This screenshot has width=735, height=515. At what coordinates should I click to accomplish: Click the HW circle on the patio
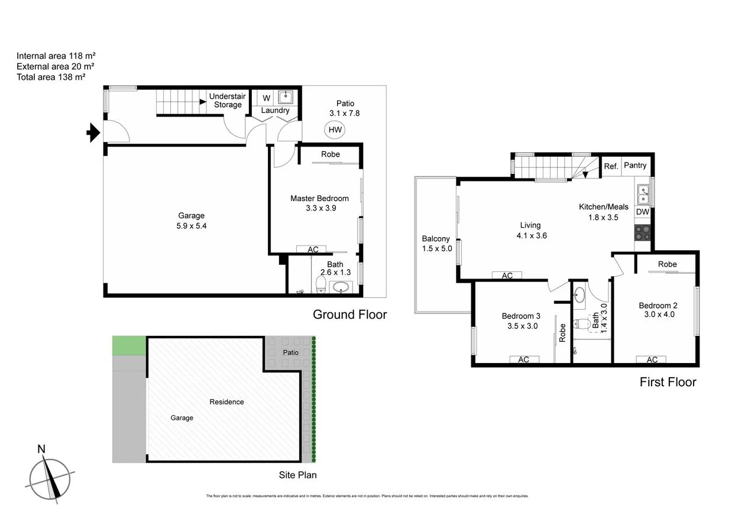pyautogui.click(x=335, y=130)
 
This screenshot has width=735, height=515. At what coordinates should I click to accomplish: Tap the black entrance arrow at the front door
pyautogui.click(x=93, y=133)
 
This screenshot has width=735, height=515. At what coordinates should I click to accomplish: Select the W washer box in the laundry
pyautogui.click(x=266, y=98)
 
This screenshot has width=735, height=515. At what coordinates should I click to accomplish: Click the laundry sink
pyautogui.click(x=287, y=97)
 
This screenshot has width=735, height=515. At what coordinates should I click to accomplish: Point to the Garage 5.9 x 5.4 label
pyautogui.click(x=192, y=221)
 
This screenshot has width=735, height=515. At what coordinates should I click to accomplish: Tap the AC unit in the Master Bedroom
pyautogui.click(x=313, y=250)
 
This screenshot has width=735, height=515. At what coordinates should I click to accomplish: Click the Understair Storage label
pyautogui.click(x=228, y=101)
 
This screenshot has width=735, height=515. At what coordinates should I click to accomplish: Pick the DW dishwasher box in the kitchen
pyautogui.click(x=643, y=212)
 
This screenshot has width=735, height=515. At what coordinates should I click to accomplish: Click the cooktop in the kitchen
pyautogui.click(x=643, y=232)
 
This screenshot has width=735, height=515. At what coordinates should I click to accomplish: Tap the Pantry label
pyautogui.click(x=635, y=166)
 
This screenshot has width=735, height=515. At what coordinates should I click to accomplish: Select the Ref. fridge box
pyautogui.click(x=611, y=166)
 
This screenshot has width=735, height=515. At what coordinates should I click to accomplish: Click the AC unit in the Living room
pyautogui.click(x=507, y=276)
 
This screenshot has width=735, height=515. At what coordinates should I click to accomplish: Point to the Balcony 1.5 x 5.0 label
pyautogui.click(x=436, y=244)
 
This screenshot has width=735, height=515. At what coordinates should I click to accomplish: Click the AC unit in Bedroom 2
pyautogui.click(x=652, y=359)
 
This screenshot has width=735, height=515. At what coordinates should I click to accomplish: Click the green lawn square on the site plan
pyautogui.click(x=129, y=345)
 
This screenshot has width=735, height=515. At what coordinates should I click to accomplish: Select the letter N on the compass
pyautogui.click(x=41, y=449)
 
